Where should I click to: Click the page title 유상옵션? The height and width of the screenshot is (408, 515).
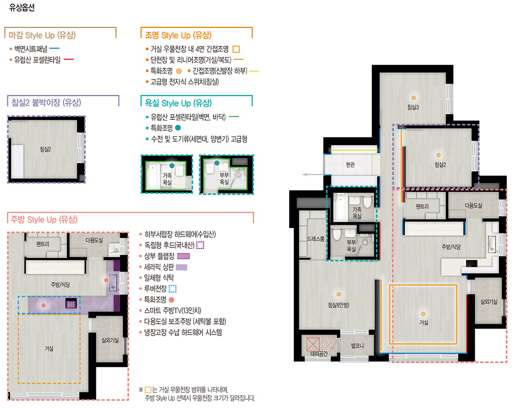[x=22, y=8]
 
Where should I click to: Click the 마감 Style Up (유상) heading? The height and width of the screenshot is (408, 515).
[x=42, y=35]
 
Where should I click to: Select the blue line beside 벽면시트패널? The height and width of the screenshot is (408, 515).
[x=55, y=49]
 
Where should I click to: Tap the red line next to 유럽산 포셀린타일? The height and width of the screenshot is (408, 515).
[x=69, y=59]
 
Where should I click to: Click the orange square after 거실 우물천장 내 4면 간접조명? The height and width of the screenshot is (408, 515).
[x=236, y=49]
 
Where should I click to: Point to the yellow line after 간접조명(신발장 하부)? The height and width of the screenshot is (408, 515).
[x=254, y=71]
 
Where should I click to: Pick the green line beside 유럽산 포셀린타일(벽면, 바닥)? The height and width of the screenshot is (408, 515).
[x=234, y=117]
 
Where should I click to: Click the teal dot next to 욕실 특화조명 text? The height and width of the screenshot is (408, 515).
[x=178, y=128]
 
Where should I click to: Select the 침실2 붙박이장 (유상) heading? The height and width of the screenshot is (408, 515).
[x=46, y=102]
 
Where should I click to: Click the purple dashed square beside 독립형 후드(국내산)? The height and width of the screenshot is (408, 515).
[x=200, y=245]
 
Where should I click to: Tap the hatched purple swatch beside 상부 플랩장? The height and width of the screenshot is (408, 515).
[x=184, y=256]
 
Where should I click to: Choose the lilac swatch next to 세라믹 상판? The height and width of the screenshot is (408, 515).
[x=181, y=267]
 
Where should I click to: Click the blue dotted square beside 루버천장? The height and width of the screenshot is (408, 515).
[x=172, y=289]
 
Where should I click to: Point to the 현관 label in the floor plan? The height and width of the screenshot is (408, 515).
[x=351, y=165]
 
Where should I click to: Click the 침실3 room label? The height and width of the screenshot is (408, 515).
[x=413, y=107]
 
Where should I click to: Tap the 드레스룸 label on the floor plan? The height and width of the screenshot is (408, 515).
[x=315, y=239]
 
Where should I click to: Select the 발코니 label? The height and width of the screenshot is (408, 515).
[x=357, y=346]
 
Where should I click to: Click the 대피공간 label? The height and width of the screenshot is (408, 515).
[x=319, y=354]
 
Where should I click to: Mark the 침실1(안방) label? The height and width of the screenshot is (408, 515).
[x=338, y=305]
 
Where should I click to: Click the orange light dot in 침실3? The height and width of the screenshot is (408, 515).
[x=413, y=98]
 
